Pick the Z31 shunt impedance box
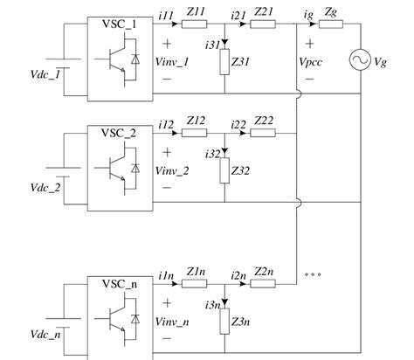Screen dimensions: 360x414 (x=224, y=65)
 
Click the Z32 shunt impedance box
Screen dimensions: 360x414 (x=224, y=170)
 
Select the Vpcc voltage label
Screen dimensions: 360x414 (x=310, y=64)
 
